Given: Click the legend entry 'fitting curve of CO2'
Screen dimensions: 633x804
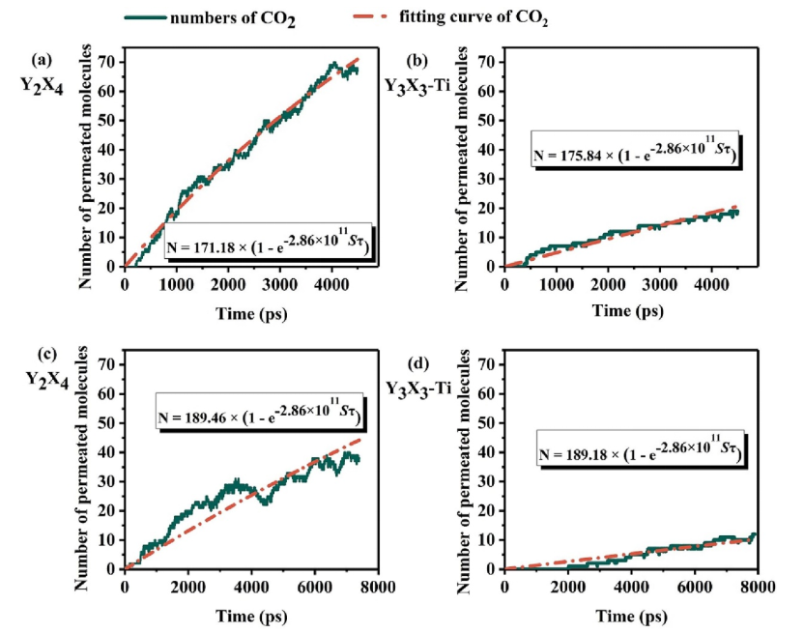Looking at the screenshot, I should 459,15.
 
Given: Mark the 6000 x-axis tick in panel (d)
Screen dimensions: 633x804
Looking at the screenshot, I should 694,587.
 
